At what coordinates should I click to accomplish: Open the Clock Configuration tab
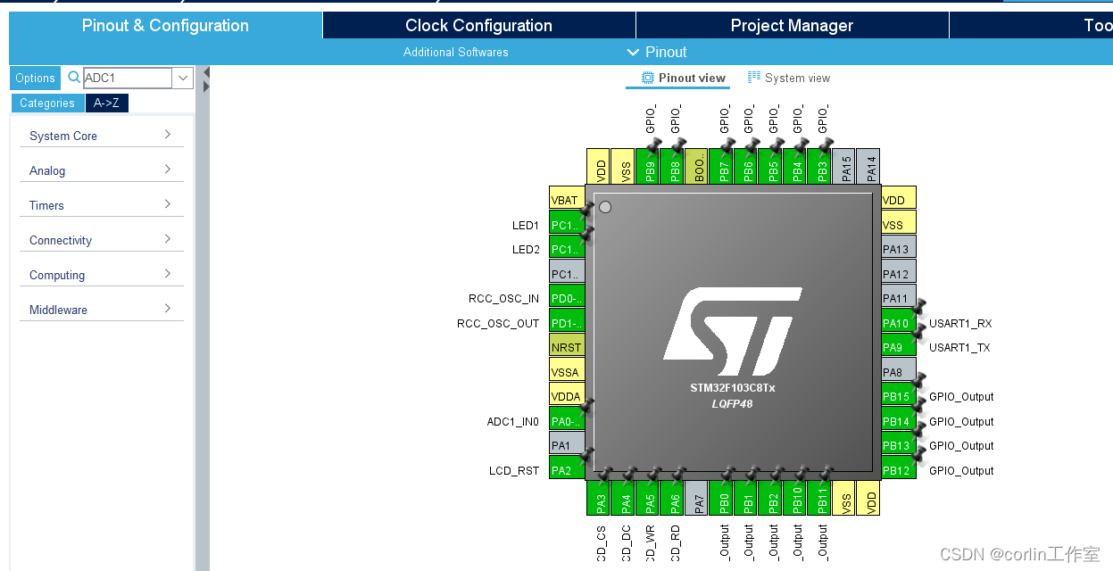click(478, 25)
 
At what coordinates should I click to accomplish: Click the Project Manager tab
click(792, 25)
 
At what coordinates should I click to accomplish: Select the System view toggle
click(789, 78)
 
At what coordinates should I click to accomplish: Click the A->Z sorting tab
click(106, 103)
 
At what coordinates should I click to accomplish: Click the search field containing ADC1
click(127, 79)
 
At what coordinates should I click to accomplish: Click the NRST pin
click(567, 348)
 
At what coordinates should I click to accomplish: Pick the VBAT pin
click(567, 201)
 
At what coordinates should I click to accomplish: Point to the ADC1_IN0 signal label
click(512, 421)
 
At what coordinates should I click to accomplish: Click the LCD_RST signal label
click(514, 470)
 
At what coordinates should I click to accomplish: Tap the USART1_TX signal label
click(959, 348)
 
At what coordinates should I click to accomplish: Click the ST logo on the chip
click(732, 330)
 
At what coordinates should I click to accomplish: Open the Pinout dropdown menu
click(658, 52)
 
